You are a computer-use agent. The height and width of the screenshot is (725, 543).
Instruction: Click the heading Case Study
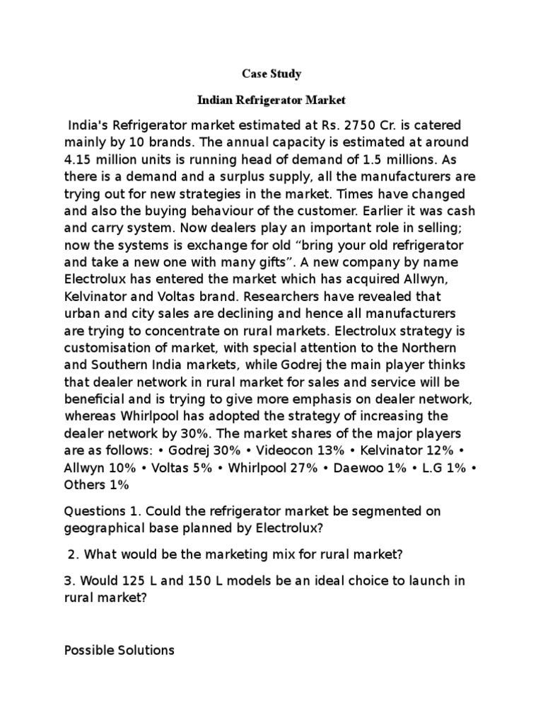(271, 74)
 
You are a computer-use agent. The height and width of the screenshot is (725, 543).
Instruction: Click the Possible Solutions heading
(119, 649)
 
